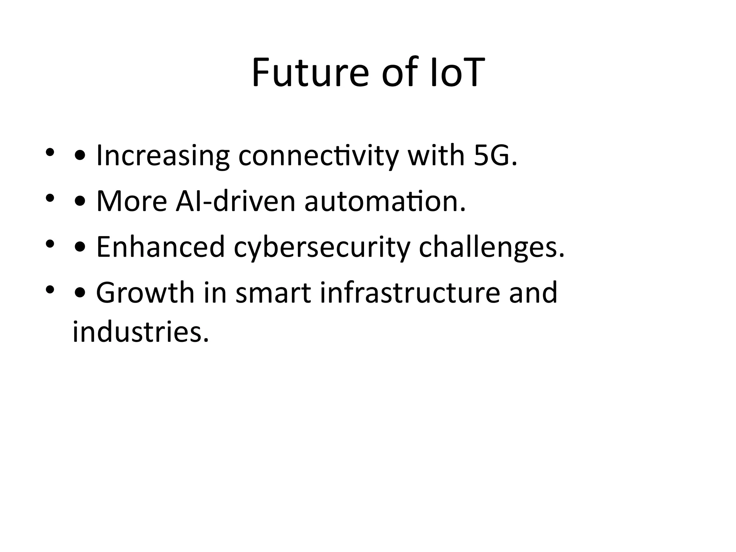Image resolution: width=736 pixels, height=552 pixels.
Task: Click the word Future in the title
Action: pyautogui.click(x=310, y=73)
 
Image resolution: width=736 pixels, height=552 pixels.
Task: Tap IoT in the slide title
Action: pyautogui.click(x=455, y=73)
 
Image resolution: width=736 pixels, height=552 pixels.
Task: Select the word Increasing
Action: pyautogui.click(x=163, y=156)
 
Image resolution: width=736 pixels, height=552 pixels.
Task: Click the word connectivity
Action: pyautogui.click(x=318, y=156)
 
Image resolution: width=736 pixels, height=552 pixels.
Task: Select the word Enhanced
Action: pyautogui.click(x=161, y=247)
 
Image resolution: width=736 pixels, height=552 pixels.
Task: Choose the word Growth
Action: pyautogui.click(x=145, y=293)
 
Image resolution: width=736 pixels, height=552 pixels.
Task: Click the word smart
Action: pyautogui.click(x=273, y=293)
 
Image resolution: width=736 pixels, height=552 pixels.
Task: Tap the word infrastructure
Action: pyautogui.click(x=409, y=293)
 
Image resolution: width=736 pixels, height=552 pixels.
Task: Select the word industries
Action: pyautogui.click(x=141, y=331)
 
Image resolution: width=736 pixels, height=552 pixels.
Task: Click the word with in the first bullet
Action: pyautogui.click(x=436, y=156)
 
